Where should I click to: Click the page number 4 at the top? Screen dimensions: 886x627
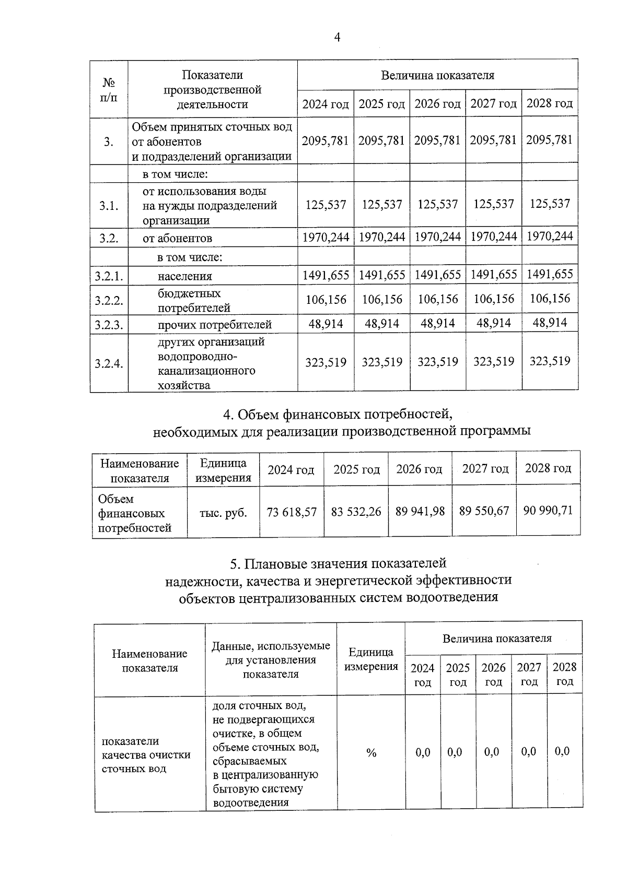click(337, 37)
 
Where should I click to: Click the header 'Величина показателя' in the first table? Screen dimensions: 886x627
click(437, 75)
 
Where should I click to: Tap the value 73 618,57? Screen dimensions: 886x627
click(292, 512)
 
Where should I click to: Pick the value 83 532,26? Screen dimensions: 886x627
click(356, 511)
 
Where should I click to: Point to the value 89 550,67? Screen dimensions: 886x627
click(484, 511)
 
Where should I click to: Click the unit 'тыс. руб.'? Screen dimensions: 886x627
click(223, 513)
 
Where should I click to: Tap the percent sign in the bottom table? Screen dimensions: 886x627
click(371, 752)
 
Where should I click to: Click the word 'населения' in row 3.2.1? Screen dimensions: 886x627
click(185, 276)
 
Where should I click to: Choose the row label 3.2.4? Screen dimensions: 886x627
click(109, 363)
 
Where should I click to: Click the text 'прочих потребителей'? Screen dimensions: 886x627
click(215, 325)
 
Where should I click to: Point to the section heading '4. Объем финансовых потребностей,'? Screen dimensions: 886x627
click(338, 414)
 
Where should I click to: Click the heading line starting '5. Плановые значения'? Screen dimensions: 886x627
click(338, 563)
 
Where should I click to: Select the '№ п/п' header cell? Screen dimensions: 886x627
click(109, 90)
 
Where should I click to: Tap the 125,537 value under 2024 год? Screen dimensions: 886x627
click(326, 205)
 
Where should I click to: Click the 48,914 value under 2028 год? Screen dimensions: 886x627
click(550, 323)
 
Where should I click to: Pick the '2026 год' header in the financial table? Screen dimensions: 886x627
click(419, 469)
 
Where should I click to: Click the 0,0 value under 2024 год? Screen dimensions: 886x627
click(423, 752)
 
